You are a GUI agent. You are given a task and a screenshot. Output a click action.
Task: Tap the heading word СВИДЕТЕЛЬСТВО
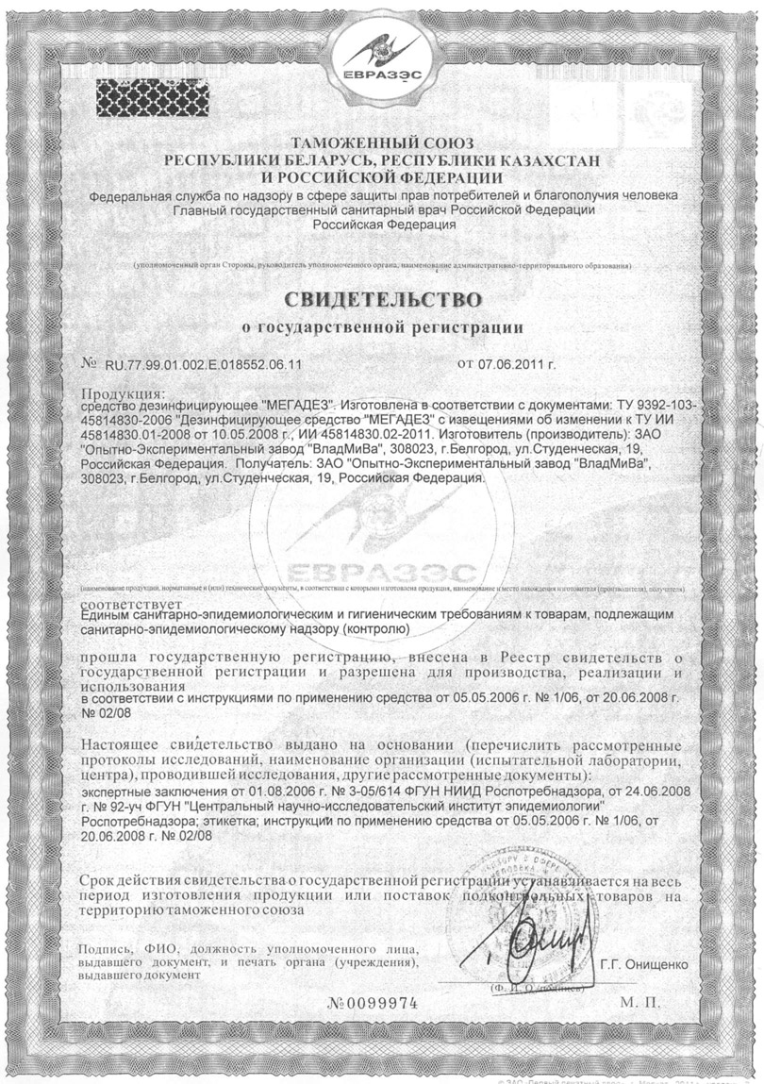[x=382, y=300]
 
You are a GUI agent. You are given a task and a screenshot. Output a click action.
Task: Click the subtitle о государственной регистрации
[x=382, y=328]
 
